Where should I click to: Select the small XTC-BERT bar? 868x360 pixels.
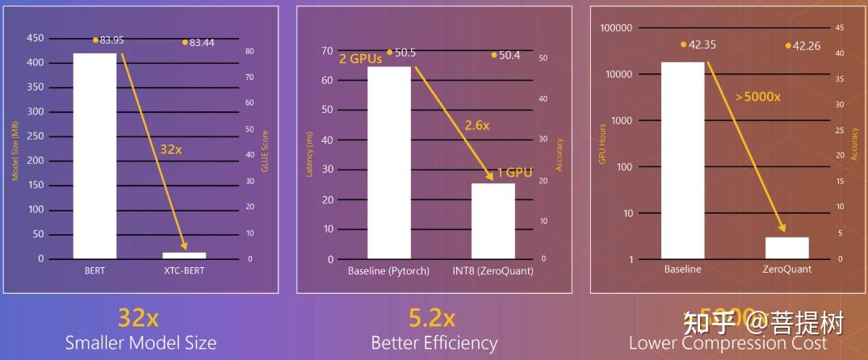[x=184, y=255]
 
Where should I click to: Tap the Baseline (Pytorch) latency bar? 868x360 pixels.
[x=389, y=162]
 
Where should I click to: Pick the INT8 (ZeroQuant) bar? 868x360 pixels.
[x=493, y=221]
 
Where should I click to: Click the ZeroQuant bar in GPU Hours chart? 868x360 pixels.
[x=787, y=248]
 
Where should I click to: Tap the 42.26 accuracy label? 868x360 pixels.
[x=807, y=46]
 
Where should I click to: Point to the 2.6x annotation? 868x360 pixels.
[x=476, y=125]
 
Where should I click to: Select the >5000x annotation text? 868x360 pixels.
[x=757, y=96]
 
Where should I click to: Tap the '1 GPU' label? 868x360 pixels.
[x=514, y=173]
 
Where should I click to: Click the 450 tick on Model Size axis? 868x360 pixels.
[x=35, y=37]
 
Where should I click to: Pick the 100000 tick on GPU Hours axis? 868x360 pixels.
[x=618, y=27]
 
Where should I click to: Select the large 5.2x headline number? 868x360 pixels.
[x=433, y=315]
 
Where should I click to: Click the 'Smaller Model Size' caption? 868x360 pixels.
[x=140, y=342]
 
